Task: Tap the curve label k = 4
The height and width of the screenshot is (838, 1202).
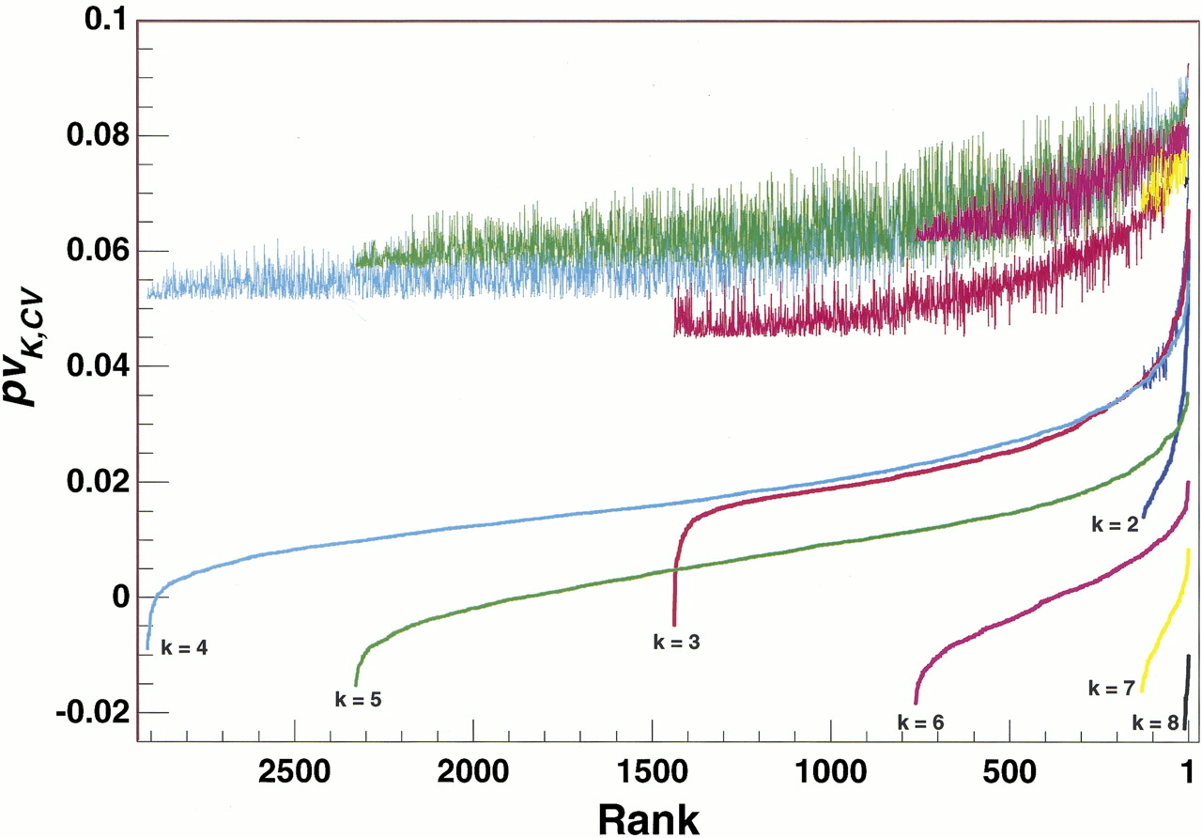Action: pos(184,646)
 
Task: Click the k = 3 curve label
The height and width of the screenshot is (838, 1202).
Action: pos(676,643)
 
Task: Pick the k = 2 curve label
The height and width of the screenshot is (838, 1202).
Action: pos(1115,525)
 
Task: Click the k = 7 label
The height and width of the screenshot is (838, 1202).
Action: pos(1112,688)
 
